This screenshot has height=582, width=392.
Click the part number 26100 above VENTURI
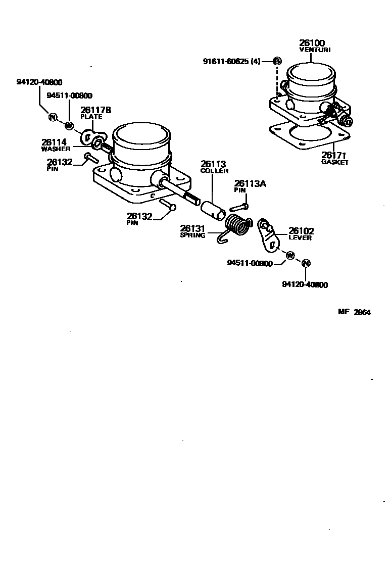(312, 43)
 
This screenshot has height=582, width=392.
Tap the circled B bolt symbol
(277, 61)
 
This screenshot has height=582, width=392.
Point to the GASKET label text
(335, 163)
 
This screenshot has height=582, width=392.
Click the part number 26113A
(249, 184)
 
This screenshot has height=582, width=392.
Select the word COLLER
(214, 171)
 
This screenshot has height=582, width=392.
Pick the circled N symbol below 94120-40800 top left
(52, 117)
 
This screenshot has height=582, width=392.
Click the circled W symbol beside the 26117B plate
(70, 125)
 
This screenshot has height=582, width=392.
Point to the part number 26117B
(95, 110)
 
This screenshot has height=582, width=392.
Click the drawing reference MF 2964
(354, 312)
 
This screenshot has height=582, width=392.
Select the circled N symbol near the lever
(306, 263)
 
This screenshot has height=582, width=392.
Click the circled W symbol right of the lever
(289, 256)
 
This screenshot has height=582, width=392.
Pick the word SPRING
(192, 235)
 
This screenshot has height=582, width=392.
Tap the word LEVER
(300, 238)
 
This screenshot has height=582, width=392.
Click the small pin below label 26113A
(238, 207)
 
